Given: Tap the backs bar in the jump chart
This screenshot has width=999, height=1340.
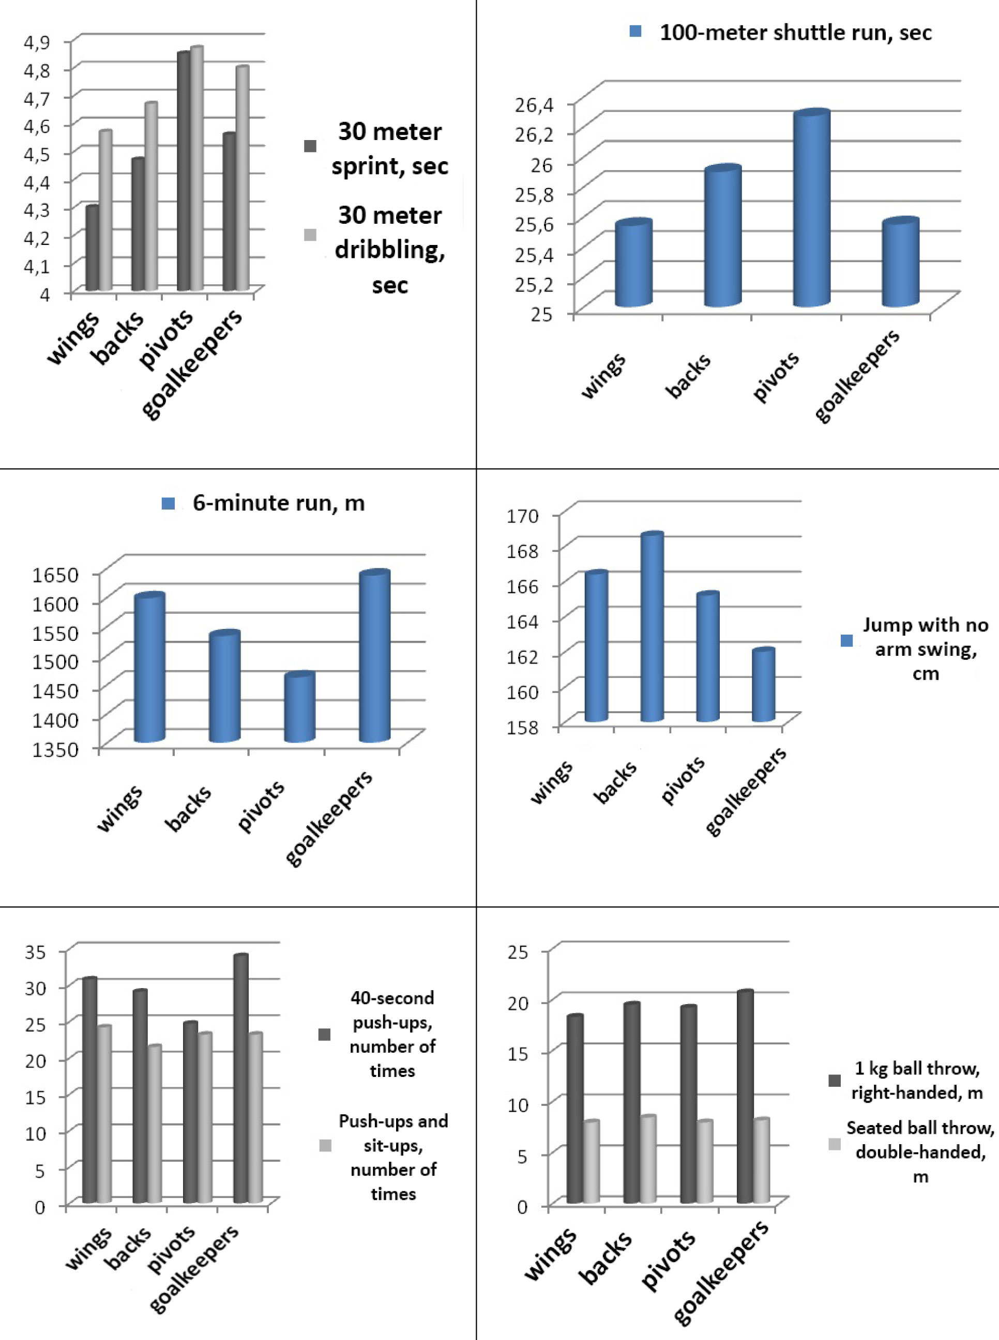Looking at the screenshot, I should point(652,628).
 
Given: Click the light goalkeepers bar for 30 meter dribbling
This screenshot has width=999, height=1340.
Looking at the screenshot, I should point(242,179).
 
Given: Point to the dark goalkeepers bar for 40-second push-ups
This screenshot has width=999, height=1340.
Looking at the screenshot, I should point(240,1080).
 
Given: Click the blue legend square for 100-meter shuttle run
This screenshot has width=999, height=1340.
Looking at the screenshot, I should point(635,32).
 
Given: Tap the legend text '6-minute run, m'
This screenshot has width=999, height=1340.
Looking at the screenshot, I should point(278,503).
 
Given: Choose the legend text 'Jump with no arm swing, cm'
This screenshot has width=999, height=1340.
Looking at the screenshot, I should point(925,649).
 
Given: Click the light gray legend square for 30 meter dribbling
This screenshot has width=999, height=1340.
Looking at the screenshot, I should point(310,235).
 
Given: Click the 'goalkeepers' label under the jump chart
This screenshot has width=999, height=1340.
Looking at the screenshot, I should point(746,791).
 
